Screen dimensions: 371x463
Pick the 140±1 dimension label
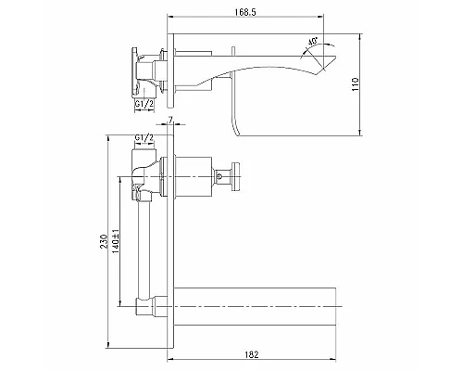pyautogui.click(x=119, y=244)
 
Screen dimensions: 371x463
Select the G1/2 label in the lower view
pyautogui.click(x=144, y=139)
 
